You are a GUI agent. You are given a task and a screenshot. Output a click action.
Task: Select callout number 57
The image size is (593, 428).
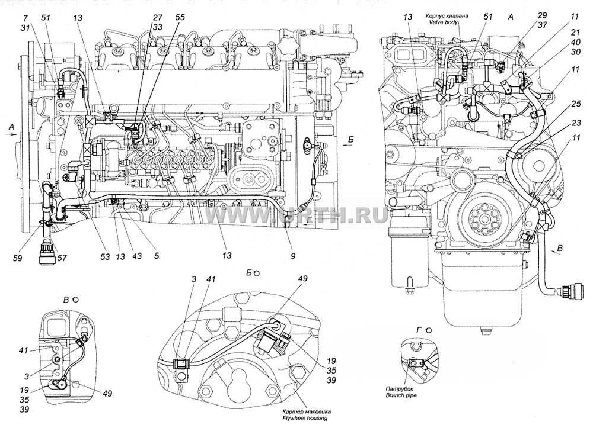pyautogui.click(x=62, y=258)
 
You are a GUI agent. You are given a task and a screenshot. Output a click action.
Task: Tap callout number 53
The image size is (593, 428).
pyautogui.click(x=104, y=257)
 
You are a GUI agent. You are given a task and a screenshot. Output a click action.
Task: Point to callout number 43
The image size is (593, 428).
pyautogui.click(x=136, y=256)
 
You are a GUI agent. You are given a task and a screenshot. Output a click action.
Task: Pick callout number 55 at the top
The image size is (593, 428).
pyautogui.click(x=180, y=17)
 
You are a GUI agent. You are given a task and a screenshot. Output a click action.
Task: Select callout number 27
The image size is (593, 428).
pyautogui.click(x=157, y=17)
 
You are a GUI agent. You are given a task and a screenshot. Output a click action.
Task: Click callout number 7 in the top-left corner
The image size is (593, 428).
pyautogui.click(x=25, y=18)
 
